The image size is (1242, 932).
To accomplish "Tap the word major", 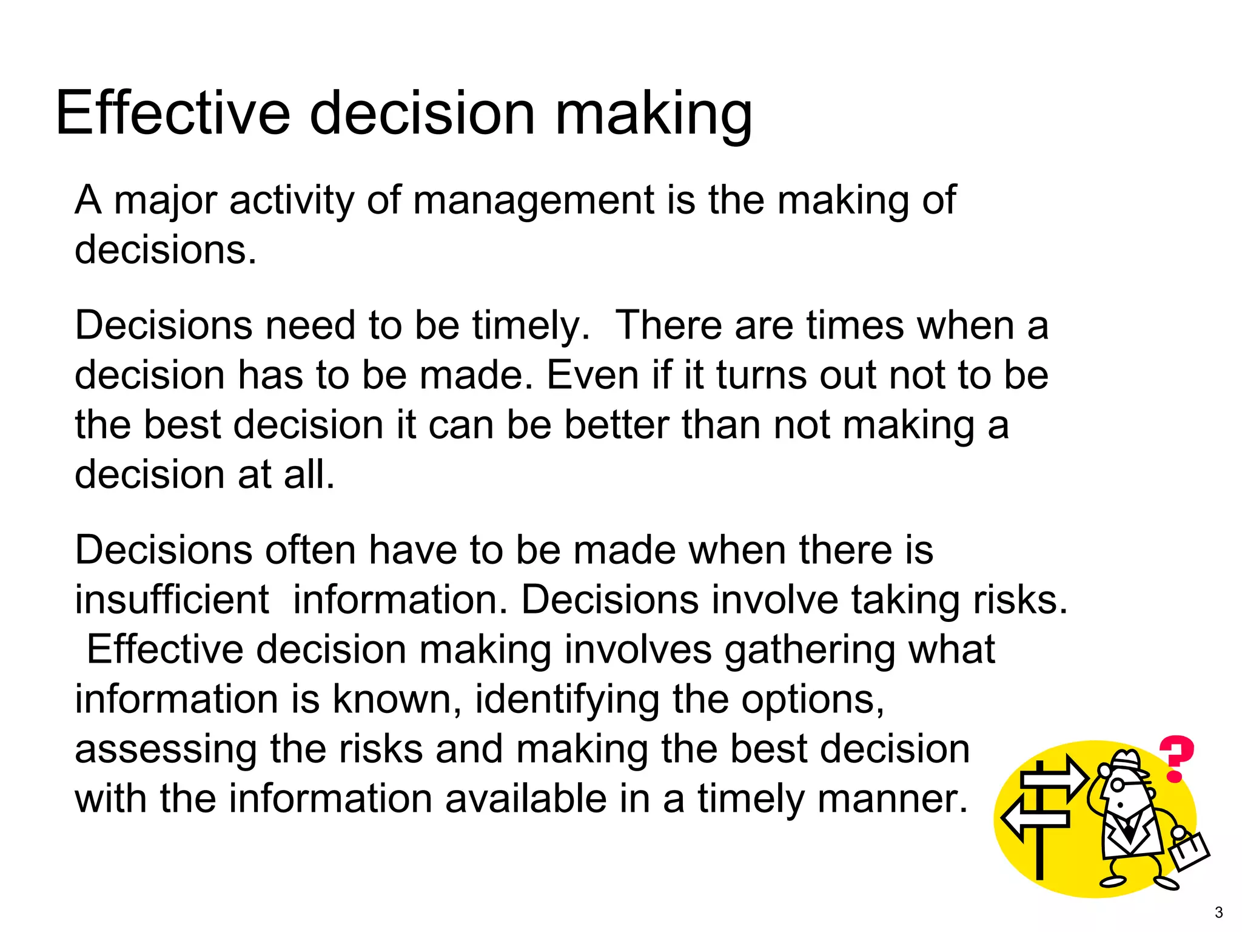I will point(166,201).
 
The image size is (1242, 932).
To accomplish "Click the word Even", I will point(592,375).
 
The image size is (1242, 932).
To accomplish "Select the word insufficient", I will point(172,600).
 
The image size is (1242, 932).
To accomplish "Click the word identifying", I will point(566,700).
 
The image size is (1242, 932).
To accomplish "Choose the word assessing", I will point(166,750).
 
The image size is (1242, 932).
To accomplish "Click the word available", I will point(526,799).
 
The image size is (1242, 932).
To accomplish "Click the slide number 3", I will point(1218,913).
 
